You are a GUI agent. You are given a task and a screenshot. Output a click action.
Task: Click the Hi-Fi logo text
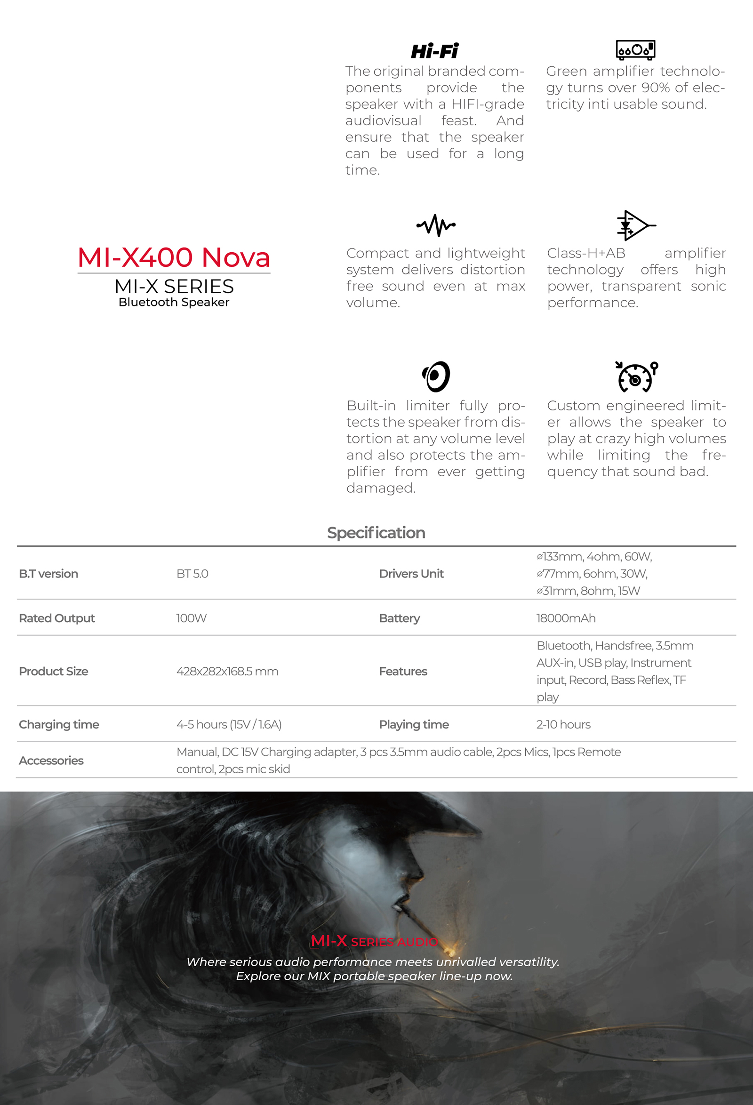click(x=434, y=51)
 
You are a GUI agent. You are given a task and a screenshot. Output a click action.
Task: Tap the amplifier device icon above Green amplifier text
click(x=635, y=49)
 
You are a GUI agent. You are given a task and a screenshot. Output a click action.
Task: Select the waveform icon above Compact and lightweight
click(x=435, y=225)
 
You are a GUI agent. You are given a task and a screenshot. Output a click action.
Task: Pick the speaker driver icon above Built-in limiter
click(x=436, y=376)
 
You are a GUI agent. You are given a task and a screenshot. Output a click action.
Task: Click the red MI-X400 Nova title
click(x=174, y=257)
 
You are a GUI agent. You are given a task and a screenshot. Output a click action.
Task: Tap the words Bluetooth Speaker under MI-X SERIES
click(x=174, y=302)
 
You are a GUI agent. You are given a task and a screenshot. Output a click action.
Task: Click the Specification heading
click(x=376, y=533)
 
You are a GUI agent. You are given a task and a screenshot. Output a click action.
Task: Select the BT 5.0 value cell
click(x=192, y=573)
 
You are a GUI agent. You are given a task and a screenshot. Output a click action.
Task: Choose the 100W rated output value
click(x=191, y=618)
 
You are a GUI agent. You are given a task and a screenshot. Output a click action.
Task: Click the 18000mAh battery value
click(x=566, y=618)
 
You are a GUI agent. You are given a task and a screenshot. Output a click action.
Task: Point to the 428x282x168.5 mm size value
click(x=227, y=672)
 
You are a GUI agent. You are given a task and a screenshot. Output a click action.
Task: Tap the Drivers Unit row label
click(x=411, y=573)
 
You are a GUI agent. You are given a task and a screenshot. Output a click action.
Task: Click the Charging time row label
click(x=59, y=724)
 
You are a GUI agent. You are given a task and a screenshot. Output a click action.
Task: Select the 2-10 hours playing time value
click(x=563, y=724)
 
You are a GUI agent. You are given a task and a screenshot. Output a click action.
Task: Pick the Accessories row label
click(x=51, y=761)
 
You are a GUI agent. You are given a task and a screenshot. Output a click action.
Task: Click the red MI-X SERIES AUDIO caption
click(x=374, y=941)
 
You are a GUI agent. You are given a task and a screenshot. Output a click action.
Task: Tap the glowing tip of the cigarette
click(x=449, y=951)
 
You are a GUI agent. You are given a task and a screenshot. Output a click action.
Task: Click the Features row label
click(x=403, y=672)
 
